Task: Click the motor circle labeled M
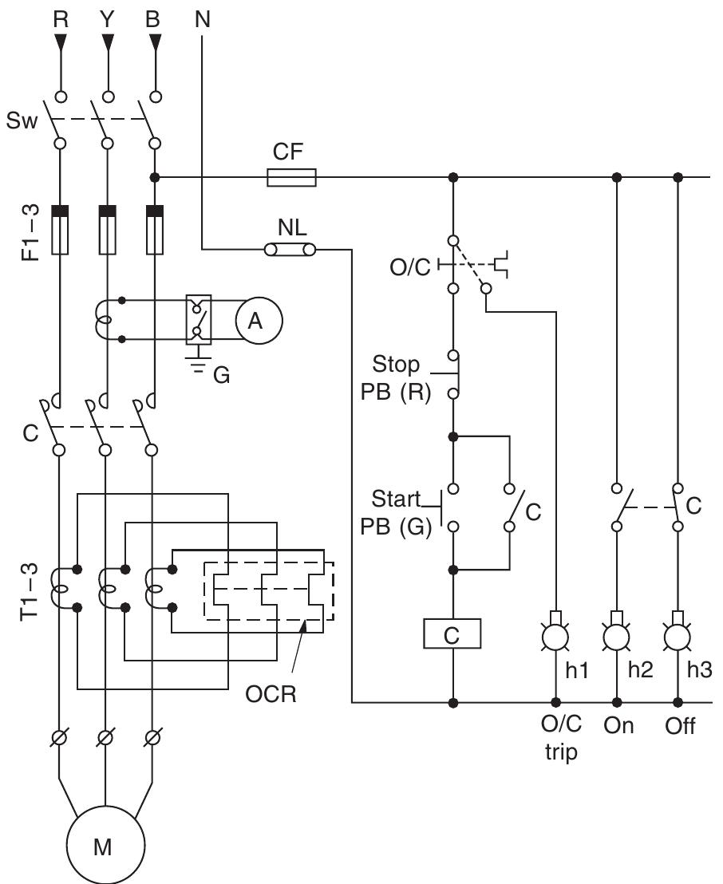105,847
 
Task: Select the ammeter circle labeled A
255,321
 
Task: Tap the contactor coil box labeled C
452,634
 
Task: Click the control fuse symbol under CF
291,177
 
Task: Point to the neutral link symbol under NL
290,250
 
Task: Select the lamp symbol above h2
616,635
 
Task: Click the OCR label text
271,693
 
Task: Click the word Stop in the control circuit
396,365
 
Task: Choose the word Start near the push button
396,500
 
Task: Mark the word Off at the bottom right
679,726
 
